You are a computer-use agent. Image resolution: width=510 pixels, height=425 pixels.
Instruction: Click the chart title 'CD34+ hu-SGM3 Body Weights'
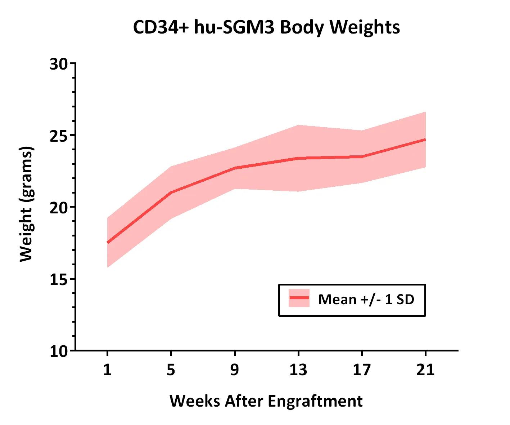(266, 27)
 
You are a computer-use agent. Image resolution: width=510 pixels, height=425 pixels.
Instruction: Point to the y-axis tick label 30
(59, 64)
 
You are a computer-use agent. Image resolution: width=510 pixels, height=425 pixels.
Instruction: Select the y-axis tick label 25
(59, 136)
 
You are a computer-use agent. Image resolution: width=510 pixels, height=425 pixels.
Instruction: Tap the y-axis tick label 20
(59, 207)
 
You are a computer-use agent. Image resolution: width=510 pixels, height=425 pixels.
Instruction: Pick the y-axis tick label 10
(59, 351)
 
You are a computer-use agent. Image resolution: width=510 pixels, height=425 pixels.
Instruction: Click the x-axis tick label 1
(107, 370)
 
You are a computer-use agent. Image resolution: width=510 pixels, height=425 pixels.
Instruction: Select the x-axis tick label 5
(171, 370)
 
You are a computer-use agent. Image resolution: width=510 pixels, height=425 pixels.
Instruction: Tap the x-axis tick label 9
(235, 370)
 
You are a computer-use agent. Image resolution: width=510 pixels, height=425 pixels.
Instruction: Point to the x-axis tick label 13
(298, 370)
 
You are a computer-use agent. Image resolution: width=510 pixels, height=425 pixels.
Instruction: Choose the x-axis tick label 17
(362, 370)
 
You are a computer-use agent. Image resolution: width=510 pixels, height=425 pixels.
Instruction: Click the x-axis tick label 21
(425, 370)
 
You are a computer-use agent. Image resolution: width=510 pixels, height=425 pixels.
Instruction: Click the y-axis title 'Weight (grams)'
(26, 204)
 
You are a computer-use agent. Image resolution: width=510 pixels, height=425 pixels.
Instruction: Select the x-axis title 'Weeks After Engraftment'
(266, 401)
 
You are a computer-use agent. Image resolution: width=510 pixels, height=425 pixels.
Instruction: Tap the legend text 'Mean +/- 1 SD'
(366, 299)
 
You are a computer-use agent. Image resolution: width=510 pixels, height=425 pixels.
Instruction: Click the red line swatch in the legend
(299, 298)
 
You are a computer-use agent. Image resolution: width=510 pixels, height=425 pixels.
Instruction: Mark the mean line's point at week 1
(108, 243)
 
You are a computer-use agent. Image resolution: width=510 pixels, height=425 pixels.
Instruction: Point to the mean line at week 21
(425, 140)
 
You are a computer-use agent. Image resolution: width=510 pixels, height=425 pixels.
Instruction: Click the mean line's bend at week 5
(171, 192)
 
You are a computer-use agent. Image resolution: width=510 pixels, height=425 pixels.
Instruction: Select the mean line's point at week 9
(235, 168)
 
